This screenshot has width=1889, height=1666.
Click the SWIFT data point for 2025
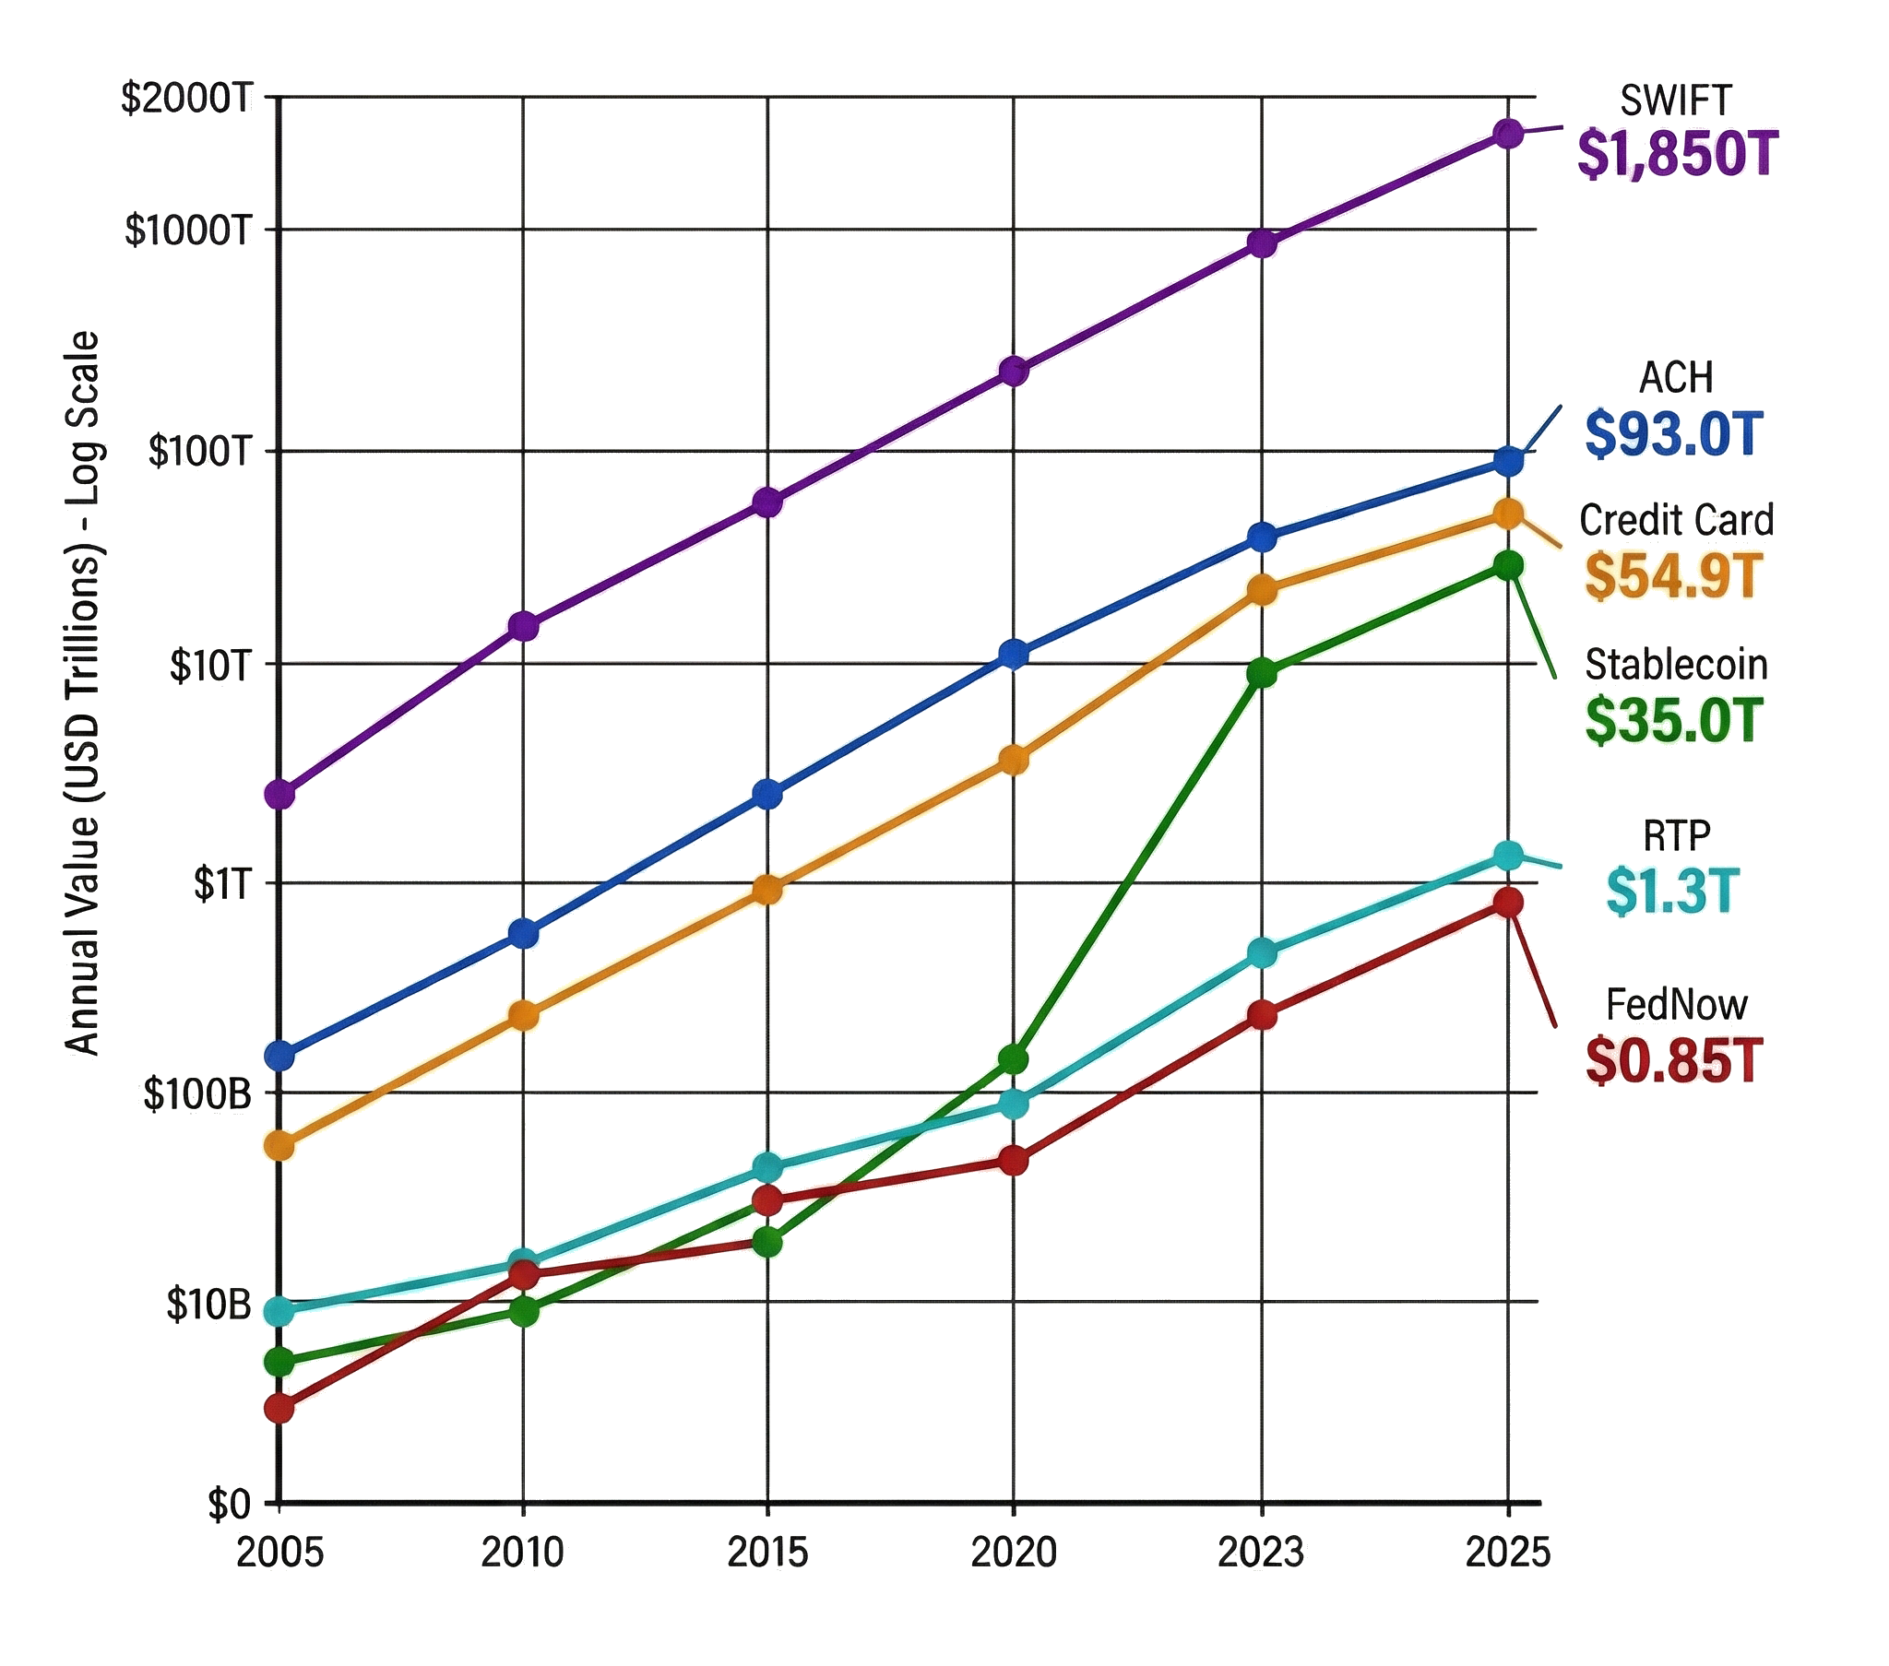[x=1508, y=134]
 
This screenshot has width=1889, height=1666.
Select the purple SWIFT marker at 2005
[x=279, y=794]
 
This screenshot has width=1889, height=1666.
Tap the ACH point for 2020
[x=1014, y=655]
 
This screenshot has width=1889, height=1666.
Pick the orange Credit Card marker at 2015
[x=767, y=890]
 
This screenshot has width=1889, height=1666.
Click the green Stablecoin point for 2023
[x=1262, y=674]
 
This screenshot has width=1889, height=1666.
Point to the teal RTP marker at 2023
[x=1262, y=952]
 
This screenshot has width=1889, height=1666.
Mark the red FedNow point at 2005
[x=279, y=1408]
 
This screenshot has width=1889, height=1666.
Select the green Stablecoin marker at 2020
[x=1014, y=1059]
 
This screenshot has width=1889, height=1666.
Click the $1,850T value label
[x=1677, y=154]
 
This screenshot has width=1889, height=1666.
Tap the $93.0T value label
[x=1674, y=434]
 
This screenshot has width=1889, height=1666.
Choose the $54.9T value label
[x=1674, y=575]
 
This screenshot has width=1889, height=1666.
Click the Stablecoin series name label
[x=1677, y=666]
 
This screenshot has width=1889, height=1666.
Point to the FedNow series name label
[x=1677, y=1004]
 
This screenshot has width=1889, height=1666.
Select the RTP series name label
[x=1677, y=836]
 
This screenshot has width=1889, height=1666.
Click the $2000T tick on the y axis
[x=186, y=98]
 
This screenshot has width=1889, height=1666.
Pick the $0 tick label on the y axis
[x=228, y=1506]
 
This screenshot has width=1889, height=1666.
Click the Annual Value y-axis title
[x=83, y=693]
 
